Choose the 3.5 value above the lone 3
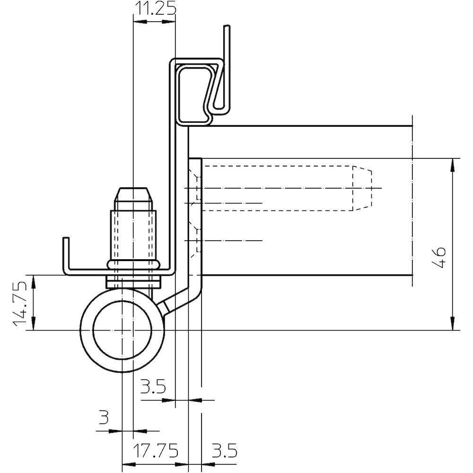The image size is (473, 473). click(153, 388)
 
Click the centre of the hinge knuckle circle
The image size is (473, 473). click(122, 330)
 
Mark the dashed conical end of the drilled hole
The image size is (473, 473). click(361, 188)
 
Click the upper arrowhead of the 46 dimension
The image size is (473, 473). click(453, 163)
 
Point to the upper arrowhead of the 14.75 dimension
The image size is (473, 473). click(33, 280)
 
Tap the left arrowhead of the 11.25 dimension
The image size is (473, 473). click(137, 21)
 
